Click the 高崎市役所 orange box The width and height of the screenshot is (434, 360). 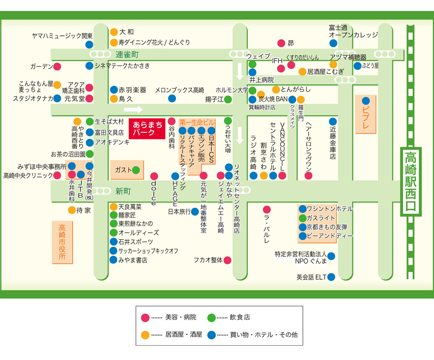click(62, 242)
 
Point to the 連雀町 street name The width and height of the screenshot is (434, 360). click(126, 54)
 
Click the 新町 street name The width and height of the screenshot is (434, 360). click(123, 191)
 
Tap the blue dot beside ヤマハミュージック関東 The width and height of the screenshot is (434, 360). click(89, 44)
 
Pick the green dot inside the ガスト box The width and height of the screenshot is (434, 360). click(136, 169)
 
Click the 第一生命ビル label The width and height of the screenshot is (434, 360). click(197, 122)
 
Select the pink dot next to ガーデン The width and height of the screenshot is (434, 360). click(57, 66)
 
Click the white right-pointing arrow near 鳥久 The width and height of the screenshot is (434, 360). click(134, 109)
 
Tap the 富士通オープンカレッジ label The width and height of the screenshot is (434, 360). click(353, 32)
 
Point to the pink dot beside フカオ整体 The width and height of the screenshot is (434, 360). click(227, 260)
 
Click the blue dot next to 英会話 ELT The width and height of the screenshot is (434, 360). click(331, 277)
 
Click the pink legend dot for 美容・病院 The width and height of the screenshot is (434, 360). click(145, 317)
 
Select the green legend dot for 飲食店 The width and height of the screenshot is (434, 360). click(211, 317)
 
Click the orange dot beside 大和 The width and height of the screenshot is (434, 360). click(114, 32)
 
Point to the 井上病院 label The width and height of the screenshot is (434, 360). click(261, 80)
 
